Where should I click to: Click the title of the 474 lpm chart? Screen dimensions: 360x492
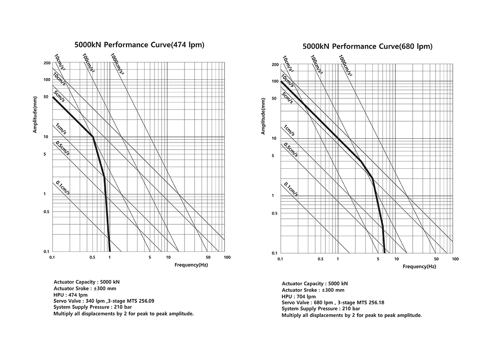(139, 45)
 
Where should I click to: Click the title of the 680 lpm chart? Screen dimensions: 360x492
(367, 46)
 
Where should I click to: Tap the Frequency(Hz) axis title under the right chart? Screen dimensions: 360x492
(419, 267)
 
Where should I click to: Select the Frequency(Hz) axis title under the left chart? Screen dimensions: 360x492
(191, 265)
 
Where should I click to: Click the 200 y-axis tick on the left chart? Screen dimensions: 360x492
(47, 62)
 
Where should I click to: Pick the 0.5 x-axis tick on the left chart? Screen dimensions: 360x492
(92, 258)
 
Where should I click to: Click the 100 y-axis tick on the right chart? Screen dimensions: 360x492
(274, 81)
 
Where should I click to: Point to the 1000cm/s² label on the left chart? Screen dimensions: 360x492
(117, 64)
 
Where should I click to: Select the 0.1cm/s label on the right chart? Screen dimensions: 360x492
(291, 190)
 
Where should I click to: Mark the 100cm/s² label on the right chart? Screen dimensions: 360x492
(316, 65)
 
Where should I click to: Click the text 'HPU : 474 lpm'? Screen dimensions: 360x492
(71, 295)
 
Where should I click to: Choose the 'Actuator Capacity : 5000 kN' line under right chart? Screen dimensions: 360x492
(315, 284)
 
